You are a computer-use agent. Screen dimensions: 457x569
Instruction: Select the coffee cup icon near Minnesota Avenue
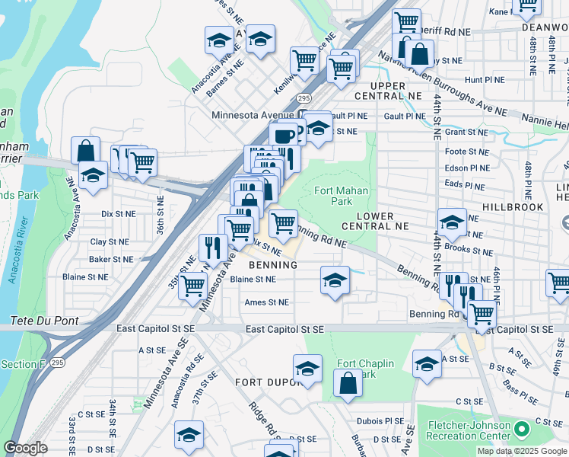pyautogui.click(x=284, y=136)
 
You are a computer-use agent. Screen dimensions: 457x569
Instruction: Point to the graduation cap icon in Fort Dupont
pyautogui.click(x=308, y=369)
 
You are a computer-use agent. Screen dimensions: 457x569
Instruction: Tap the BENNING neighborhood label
pyautogui.click(x=272, y=264)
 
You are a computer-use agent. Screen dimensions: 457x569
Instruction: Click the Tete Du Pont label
pyautogui.click(x=44, y=321)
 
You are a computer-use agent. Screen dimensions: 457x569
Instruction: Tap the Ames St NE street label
pyautogui.click(x=266, y=302)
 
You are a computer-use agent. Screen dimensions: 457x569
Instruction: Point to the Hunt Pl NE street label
pyautogui.click(x=484, y=79)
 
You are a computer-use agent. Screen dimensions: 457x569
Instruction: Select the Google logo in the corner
pyautogui.click(x=25, y=448)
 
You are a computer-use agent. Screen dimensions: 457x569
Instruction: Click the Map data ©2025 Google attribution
pyautogui.click(x=521, y=451)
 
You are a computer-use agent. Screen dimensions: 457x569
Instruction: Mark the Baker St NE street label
pyautogui.click(x=111, y=260)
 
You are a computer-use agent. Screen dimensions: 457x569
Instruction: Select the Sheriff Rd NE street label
pyautogui.click(x=444, y=34)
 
